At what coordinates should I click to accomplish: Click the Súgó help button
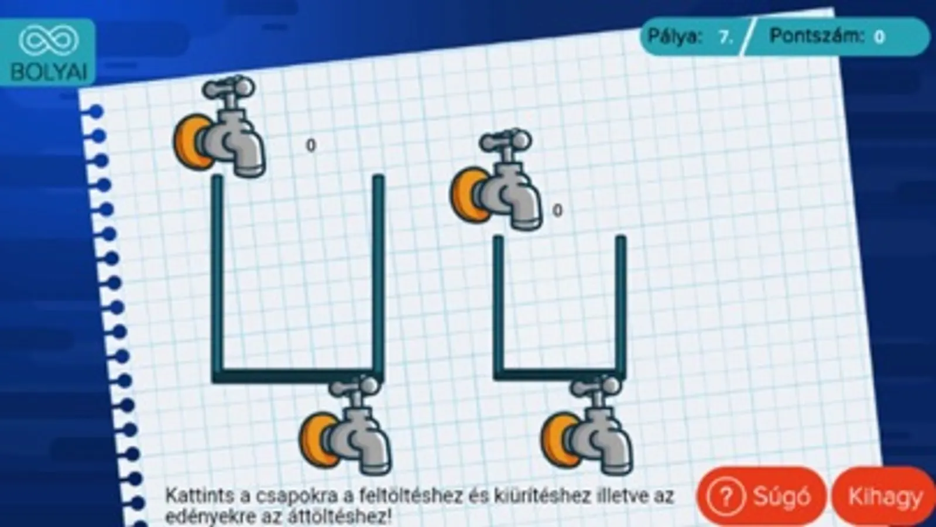[x=762, y=497]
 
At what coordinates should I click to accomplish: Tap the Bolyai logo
[x=48, y=52]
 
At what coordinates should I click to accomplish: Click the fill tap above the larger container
[x=220, y=126]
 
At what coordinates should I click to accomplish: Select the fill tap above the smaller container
[x=496, y=180]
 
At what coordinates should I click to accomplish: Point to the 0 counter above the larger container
[x=311, y=145]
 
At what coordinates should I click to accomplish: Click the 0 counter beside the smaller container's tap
[x=557, y=211]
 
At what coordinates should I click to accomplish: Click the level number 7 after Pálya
[x=725, y=37]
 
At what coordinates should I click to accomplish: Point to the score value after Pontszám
[x=879, y=37]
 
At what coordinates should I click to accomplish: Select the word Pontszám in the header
[x=817, y=36]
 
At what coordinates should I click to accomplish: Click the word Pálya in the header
[x=675, y=37]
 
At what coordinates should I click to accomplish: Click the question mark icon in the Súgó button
[x=726, y=497]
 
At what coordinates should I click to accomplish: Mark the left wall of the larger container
[x=218, y=275]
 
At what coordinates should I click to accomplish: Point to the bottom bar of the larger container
[x=298, y=377]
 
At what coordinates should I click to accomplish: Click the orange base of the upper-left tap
[x=191, y=142]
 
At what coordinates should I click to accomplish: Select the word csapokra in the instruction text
[x=296, y=497]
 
